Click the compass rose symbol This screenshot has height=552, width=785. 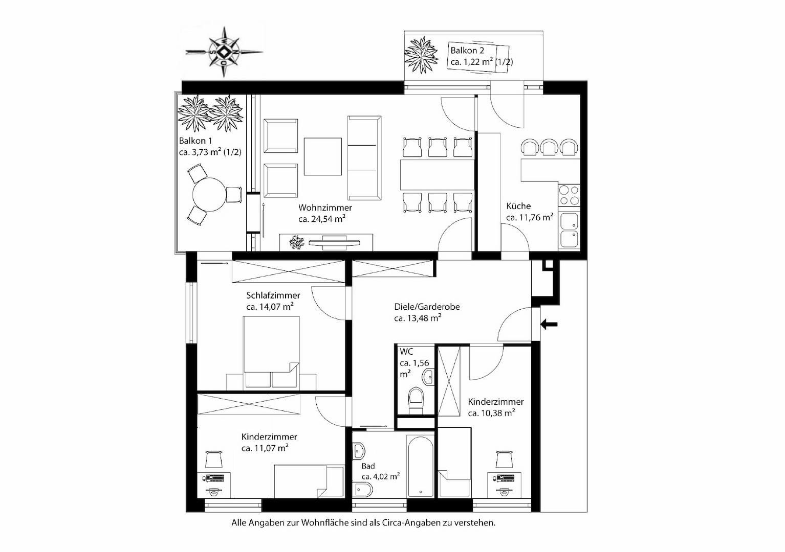[x=224, y=52]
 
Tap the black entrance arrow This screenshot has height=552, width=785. [x=549, y=325]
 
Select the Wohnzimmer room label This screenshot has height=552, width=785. [x=325, y=208]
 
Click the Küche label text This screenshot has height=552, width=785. [x=518, y=206]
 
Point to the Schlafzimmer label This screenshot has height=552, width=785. [x=273, y=295]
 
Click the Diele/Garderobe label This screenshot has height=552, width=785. [x=427, y=307]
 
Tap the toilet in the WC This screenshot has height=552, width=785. [x=417, y=400]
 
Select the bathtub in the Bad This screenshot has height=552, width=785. [x=421, y=466]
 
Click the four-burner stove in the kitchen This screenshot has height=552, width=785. [x=569, y=195]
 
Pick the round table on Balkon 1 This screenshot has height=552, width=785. [x=209, y=195]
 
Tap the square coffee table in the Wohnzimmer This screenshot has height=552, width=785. [x=322, y=156]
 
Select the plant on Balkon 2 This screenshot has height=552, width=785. [x=421, y=55]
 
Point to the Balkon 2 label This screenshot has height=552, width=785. [x=467, y=51]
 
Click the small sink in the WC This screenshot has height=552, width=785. [x=429, y=377]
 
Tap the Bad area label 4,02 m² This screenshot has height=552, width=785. [x=381, y=476]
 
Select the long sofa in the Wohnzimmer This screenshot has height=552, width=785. [x=364, y=158]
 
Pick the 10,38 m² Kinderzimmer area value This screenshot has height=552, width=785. [x=491, y=413]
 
